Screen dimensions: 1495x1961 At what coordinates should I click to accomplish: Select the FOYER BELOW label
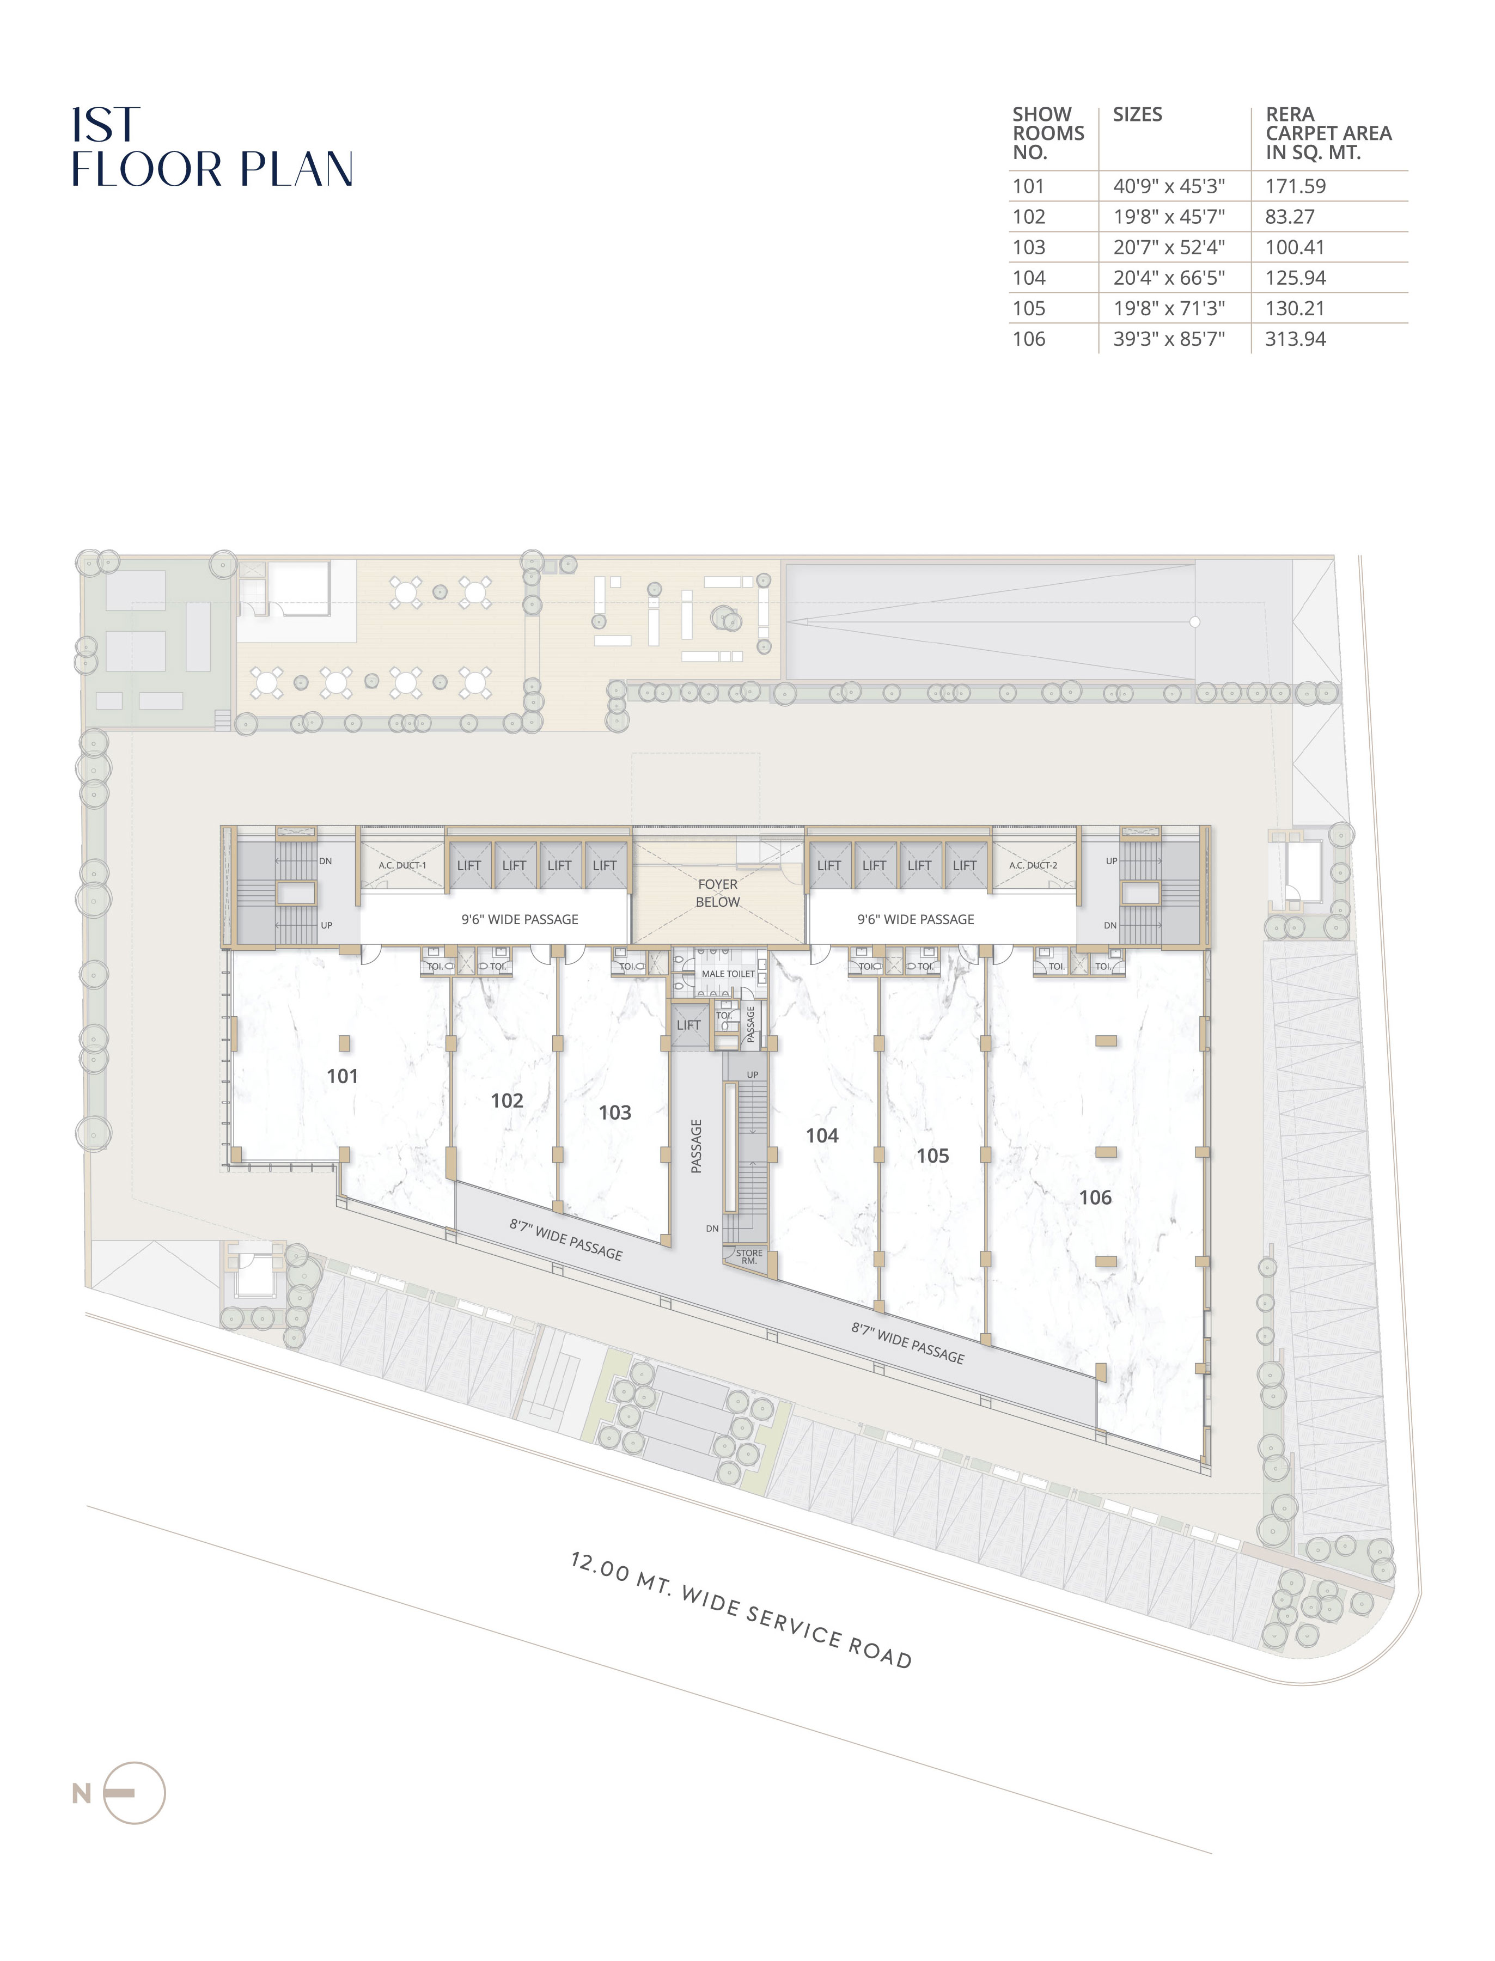[718, 893]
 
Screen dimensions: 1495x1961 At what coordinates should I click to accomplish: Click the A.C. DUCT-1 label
[402, 865]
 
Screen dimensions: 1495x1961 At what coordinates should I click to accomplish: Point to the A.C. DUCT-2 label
[1033, 865]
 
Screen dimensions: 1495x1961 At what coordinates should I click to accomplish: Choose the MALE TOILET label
[728, 974]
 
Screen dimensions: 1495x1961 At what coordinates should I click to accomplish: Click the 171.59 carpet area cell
[1296, 187]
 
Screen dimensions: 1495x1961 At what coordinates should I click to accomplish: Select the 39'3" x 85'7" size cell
[1169, 339]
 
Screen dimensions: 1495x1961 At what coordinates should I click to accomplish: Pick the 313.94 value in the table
[1296, 339]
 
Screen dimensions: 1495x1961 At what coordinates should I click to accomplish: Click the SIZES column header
[1137, 115]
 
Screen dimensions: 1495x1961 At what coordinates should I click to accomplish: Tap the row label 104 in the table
[1029, 278]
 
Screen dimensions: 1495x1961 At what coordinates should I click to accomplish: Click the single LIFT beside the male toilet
[689, 1025]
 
